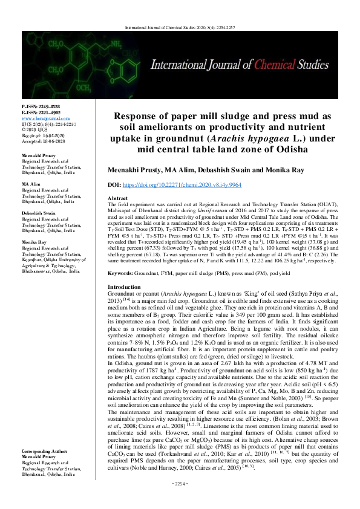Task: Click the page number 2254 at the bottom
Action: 180,501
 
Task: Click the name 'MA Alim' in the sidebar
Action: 32,183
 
